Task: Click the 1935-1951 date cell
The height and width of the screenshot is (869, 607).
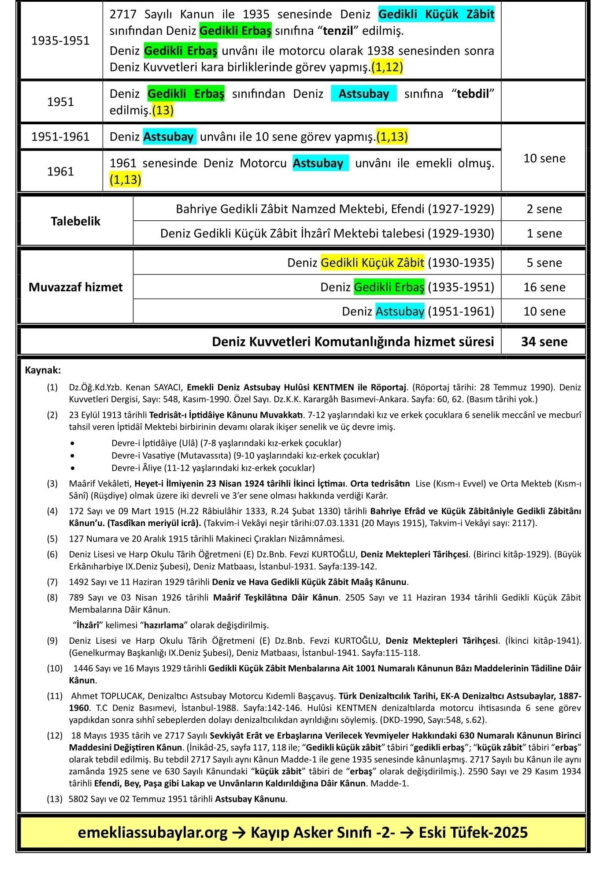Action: point(60,41)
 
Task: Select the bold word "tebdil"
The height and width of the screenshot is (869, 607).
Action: point(472,94)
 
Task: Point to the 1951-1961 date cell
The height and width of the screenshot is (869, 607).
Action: point(60,137)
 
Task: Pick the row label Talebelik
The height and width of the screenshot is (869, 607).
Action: point(75,221)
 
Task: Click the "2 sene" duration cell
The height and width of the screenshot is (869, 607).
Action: point(544,209)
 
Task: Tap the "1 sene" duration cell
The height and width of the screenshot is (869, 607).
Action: point(544,233)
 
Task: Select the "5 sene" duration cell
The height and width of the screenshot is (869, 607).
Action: point(544,263)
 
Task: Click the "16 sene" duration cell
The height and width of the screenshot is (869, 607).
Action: point(544,287)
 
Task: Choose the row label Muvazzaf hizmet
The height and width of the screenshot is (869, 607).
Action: point(75,287)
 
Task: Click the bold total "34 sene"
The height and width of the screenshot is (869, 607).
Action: point(544,342)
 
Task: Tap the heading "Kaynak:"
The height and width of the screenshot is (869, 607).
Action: point(43,370)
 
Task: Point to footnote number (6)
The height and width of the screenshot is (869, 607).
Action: point(52,554)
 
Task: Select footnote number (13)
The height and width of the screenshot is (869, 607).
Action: point(55,799)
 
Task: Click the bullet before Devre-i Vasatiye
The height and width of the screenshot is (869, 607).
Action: point(72,456)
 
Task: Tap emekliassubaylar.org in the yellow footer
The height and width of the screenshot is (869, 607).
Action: point(152,832)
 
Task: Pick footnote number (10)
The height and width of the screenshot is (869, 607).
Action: point(55,668)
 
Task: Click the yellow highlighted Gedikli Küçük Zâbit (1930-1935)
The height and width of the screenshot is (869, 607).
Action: point(372,263)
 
